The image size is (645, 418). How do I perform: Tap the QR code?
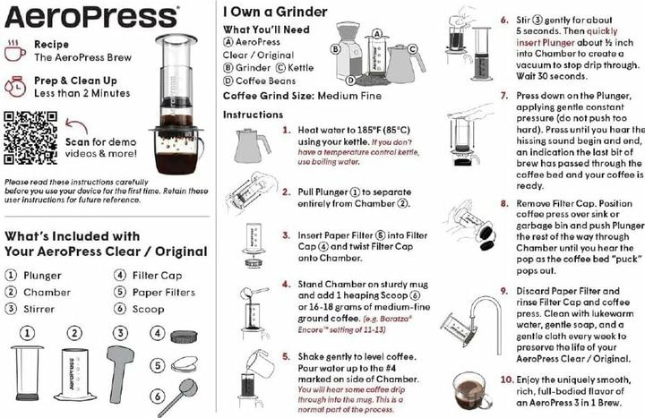tap(29, 134)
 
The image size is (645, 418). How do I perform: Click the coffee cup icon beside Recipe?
tap(15, 51)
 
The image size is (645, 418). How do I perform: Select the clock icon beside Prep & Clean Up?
tap(15, 88)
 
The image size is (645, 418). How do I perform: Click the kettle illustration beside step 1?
tap(252, 142)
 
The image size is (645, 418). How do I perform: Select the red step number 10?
tap(505, 380)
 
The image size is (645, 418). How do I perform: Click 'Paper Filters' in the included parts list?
tap(166, 293)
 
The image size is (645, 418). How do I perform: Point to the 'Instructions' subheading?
tap(253, 115)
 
